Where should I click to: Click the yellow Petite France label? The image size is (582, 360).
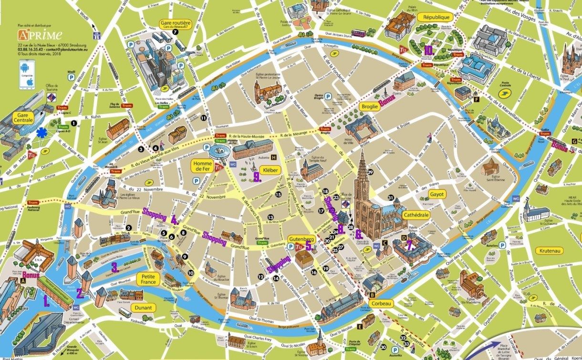tap(148, 279)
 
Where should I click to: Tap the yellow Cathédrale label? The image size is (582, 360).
tap(416, 215)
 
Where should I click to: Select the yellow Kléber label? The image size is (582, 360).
tap(270, 169)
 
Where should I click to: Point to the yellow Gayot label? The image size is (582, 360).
tap(437, 194)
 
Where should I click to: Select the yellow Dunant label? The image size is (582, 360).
tap(143, 307)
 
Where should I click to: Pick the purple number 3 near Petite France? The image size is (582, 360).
tap(114, 267)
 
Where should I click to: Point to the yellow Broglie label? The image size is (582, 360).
tap(370, 106)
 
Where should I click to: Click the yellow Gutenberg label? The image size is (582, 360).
tap(301, 238)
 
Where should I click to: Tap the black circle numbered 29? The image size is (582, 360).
tap(370, 166)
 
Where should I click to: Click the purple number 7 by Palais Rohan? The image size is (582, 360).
tap(409, 246)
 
